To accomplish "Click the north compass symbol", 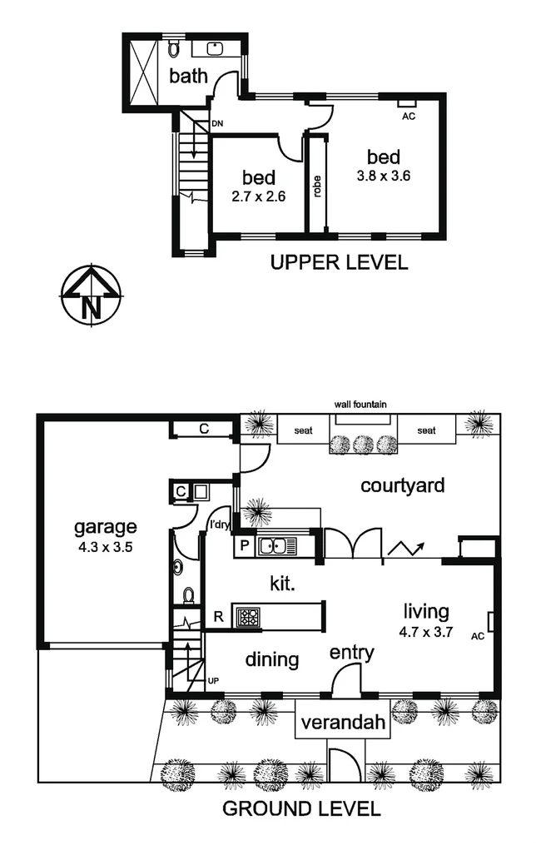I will pos(91,296).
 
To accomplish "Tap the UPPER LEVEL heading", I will pos(340,264).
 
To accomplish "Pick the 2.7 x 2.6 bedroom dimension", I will pos(259,197).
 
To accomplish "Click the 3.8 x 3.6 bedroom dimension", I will pos(384,176).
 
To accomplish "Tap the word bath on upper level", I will pos(188,77).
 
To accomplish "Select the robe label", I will pos(317,186).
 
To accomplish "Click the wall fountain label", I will pos(360,405).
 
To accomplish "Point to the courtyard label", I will pos(403,485).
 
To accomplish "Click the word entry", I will pos(352,652).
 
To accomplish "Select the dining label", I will pos(272,660).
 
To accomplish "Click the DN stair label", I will pos(217,124).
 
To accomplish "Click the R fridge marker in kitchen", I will pos(218,617).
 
